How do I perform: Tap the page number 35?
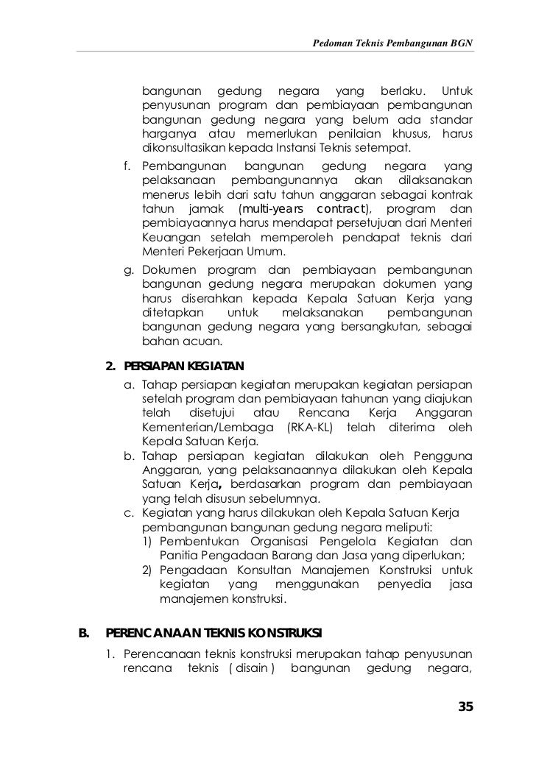[465, 707]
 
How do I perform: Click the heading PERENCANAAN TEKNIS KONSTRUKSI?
[214, 633]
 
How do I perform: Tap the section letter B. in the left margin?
[83, 633]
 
